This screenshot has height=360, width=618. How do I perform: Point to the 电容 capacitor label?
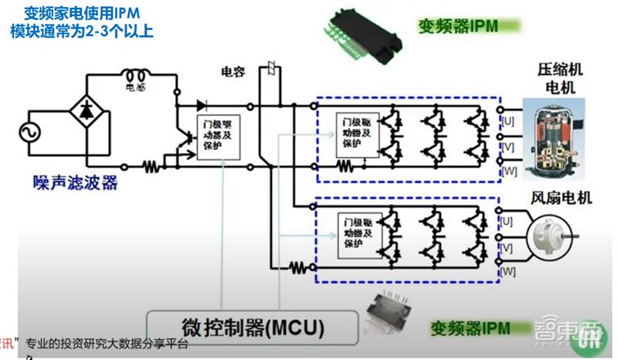(x=233, y=72)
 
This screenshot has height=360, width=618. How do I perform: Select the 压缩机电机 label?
(x=560, y=77)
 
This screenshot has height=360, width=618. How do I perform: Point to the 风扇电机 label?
(x=562, y=198)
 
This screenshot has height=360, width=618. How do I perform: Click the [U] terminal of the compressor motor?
(x=508, y=121)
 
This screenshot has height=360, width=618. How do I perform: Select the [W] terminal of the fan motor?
(x=508, y=271)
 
